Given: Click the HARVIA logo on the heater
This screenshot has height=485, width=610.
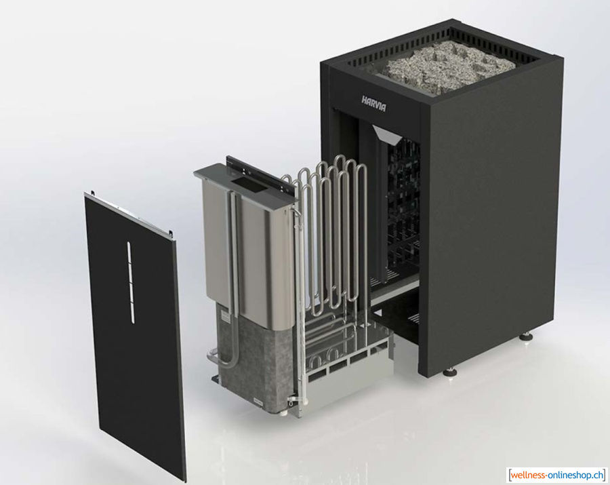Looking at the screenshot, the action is pos(374,103).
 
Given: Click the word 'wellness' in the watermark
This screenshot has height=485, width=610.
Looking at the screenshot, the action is pos(528,476).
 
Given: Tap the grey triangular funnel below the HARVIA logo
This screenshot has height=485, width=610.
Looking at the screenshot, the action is pos(388,134).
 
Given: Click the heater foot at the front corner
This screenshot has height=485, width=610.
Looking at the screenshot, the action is pos(450,371).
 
